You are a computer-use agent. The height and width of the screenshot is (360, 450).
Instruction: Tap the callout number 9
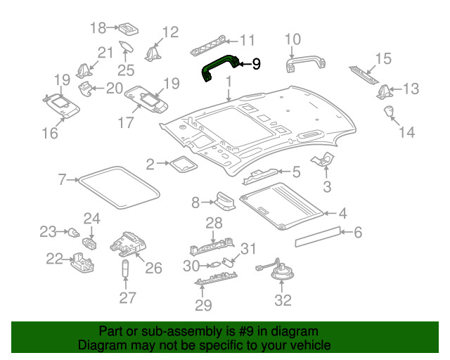pyautogui.click(x=256, y=65)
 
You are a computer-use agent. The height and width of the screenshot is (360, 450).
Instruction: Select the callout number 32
pyautogui.click(x=282, y=300)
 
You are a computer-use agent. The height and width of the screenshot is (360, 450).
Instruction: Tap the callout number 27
pyautogui.click(x=127, y=298)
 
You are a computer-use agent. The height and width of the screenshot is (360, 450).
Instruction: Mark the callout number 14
pyautogui.click(x=406, y=131)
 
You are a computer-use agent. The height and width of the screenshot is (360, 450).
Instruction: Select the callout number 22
pyautogui.click(x=54, y=259)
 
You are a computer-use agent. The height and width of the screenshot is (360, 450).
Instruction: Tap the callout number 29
pyautogui.click(x=202, y=304)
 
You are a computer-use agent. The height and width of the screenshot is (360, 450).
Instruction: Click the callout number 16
pyautogui.click(x=49, y=132)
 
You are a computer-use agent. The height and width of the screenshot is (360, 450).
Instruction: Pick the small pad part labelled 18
pyautogui.click(x=127, y=28)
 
